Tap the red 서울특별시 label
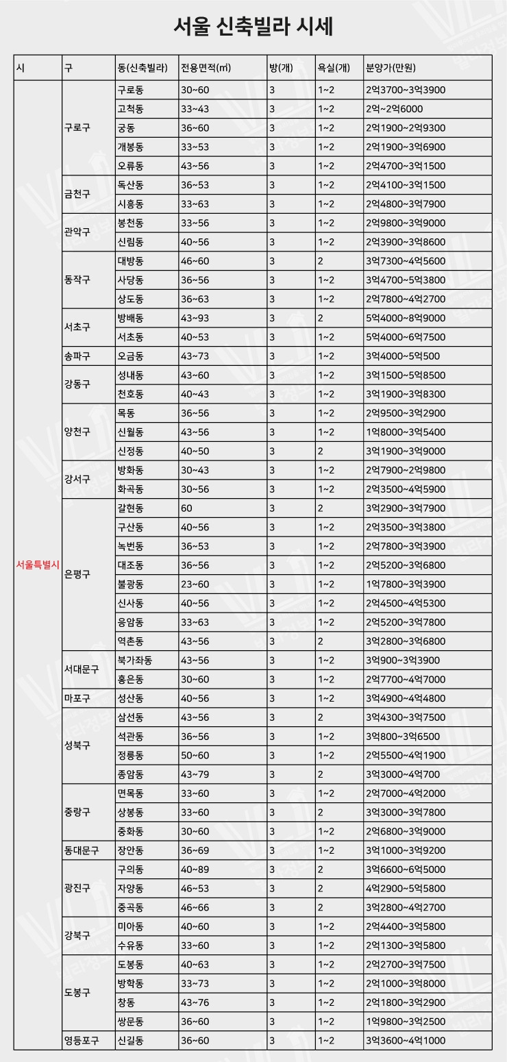38,565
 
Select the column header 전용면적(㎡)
206,68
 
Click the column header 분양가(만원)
391,68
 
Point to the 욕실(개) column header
334,68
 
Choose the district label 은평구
77,574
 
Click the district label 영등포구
81,1040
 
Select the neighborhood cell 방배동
130,318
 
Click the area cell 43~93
195,318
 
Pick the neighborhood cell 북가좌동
135,660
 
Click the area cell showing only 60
186,508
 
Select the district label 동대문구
81,850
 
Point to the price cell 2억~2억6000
394,109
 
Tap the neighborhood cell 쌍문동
130,1021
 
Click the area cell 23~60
195,584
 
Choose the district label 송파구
77,356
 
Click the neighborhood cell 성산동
130,698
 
